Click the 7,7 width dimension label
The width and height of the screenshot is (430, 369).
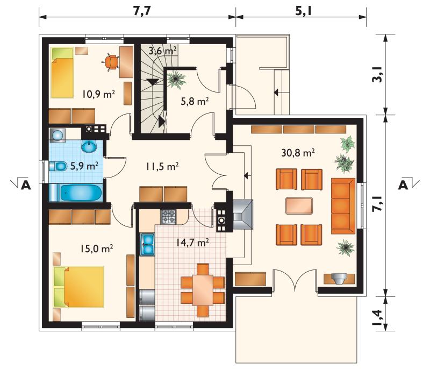pos(142,11)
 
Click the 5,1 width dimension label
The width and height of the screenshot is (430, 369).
pos(304,11)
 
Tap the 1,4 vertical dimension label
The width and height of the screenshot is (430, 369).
pos(377,317)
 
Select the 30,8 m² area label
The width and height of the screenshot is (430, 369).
pos(298,153)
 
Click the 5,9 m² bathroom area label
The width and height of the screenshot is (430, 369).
pos(84,166)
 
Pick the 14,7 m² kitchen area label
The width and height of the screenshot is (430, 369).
pos(192,242)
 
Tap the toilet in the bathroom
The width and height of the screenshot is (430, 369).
pos(58,166)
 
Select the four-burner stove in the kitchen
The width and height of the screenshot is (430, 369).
pos(168,217)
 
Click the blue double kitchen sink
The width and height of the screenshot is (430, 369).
pos(147,244)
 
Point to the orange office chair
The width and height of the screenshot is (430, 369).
pos(111,63)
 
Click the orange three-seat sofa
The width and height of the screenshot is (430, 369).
pos(343,206)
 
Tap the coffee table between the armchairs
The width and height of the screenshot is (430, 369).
pos(299,206)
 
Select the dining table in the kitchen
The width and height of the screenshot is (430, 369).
pos(203,290)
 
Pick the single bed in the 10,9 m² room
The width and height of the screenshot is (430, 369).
pos(62,73)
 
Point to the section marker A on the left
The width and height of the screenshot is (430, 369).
pos(26,186)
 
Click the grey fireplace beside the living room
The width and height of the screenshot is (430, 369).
pos(243,215)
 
